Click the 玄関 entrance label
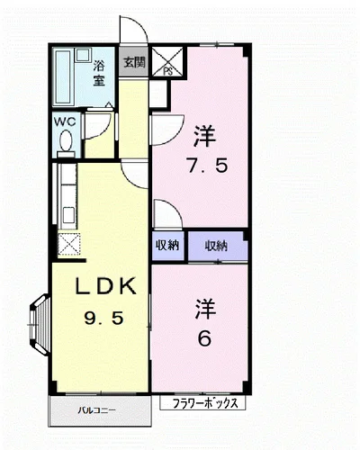[134, 62]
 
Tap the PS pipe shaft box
[166, 61]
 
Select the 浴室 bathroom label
[98, 74]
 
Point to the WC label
[65, 121]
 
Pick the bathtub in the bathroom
[63, 77]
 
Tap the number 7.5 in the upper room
[207, 166]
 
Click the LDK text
[105, 286]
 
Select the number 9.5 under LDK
[103, 318]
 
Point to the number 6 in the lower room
[204, 339]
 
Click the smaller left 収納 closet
[167, 246]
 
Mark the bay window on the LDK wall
[40, 325]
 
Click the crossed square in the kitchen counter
[68, 245]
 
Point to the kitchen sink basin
[69, 215]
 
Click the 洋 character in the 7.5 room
[204, 137]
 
